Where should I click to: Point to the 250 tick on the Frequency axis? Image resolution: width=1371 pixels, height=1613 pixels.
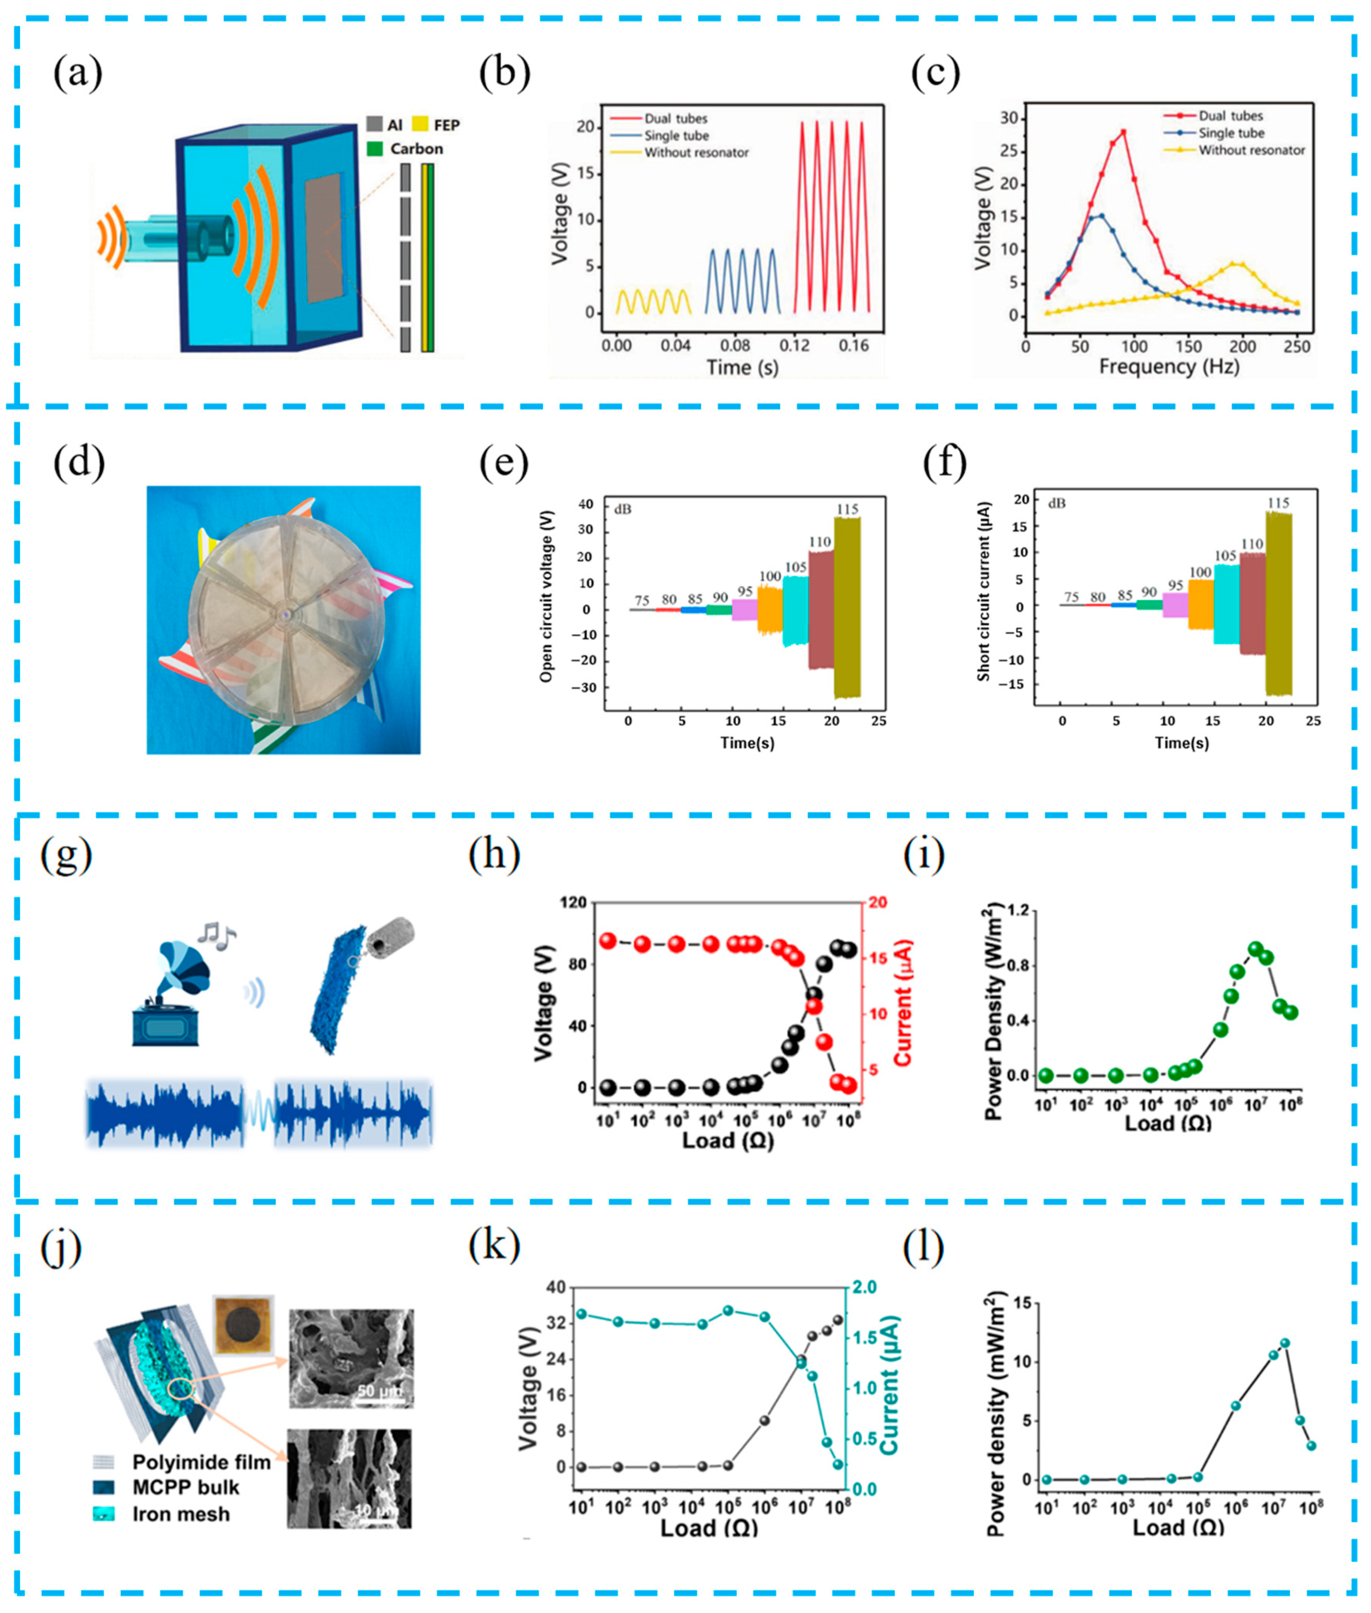(x=1297, y=347)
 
